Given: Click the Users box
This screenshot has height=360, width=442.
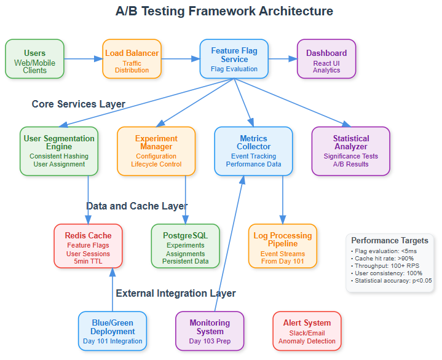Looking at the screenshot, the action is point(34,59).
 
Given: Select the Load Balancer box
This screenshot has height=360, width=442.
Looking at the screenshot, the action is point(132,59).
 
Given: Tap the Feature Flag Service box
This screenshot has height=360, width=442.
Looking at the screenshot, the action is point(234,59).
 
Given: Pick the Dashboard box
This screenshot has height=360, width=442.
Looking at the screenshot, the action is point(326,59).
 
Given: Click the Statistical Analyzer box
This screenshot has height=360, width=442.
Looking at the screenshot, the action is point(350,151).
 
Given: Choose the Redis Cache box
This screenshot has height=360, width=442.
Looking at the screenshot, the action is point(89,246).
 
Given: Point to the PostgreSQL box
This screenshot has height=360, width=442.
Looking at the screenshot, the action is point(186,246).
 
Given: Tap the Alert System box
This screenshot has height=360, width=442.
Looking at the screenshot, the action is point(307,331).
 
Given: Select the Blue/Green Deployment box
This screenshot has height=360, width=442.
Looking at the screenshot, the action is point(112,331).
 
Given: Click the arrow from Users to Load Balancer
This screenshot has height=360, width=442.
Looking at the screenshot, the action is point(84,59).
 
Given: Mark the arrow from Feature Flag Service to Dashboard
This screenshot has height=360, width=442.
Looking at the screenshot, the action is point(283,59).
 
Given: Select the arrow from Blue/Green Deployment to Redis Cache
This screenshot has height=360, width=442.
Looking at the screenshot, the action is point(112,289).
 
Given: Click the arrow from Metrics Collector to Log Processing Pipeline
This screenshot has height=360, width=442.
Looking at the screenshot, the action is point(283,200).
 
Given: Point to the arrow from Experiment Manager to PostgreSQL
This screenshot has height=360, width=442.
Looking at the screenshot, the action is point(186,200).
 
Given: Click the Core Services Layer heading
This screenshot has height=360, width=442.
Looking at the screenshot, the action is point(78,104).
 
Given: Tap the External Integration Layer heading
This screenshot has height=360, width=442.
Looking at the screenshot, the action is point(176,293).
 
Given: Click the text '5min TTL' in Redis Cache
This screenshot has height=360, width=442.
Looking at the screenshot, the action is point(89,261).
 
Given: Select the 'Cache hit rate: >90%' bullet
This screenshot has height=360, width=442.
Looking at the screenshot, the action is point(382,258).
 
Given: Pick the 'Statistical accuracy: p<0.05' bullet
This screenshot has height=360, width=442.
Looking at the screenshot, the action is point(392,281).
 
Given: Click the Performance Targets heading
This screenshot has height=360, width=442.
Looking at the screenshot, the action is point(390,241).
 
